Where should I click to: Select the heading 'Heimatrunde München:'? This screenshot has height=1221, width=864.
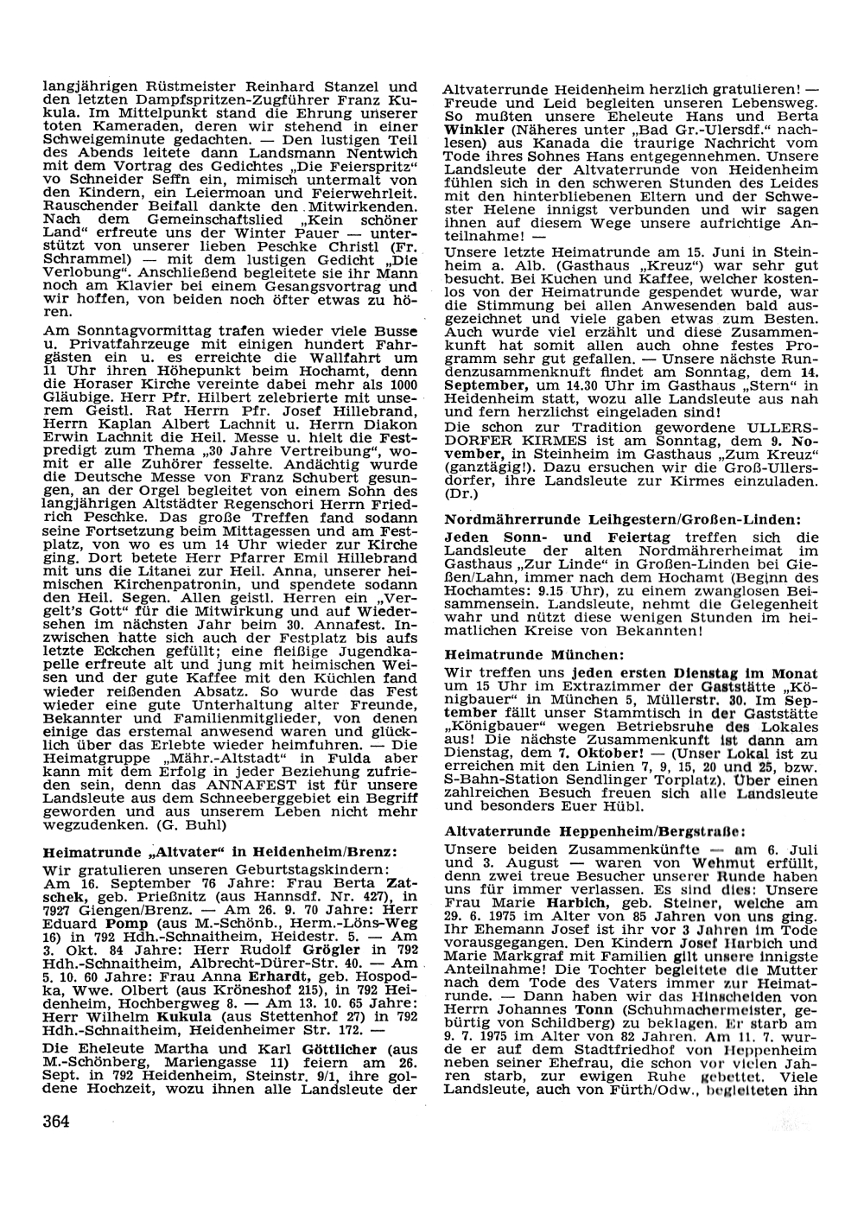pos(533,655)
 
